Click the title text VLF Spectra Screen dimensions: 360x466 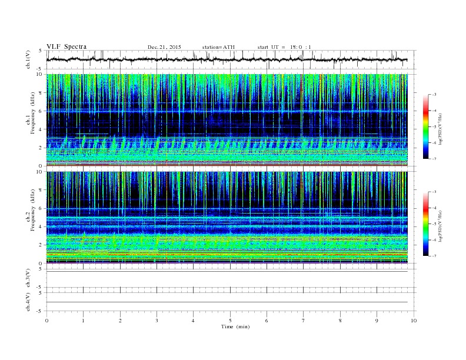tap(66, 46)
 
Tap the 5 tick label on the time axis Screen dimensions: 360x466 tap(230, 321)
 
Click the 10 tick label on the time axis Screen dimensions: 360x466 tap(414, 321)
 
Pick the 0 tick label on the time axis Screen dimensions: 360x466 tap(46, 321)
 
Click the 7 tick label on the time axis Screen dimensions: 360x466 tap(304, 321)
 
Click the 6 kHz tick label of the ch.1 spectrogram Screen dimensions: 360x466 tap(39, 111)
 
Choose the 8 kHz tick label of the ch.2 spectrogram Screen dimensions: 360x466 tap(39, 190)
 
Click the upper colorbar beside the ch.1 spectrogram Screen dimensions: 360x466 tap(426, 126)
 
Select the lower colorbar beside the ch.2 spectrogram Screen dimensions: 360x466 tap(426, 224)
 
